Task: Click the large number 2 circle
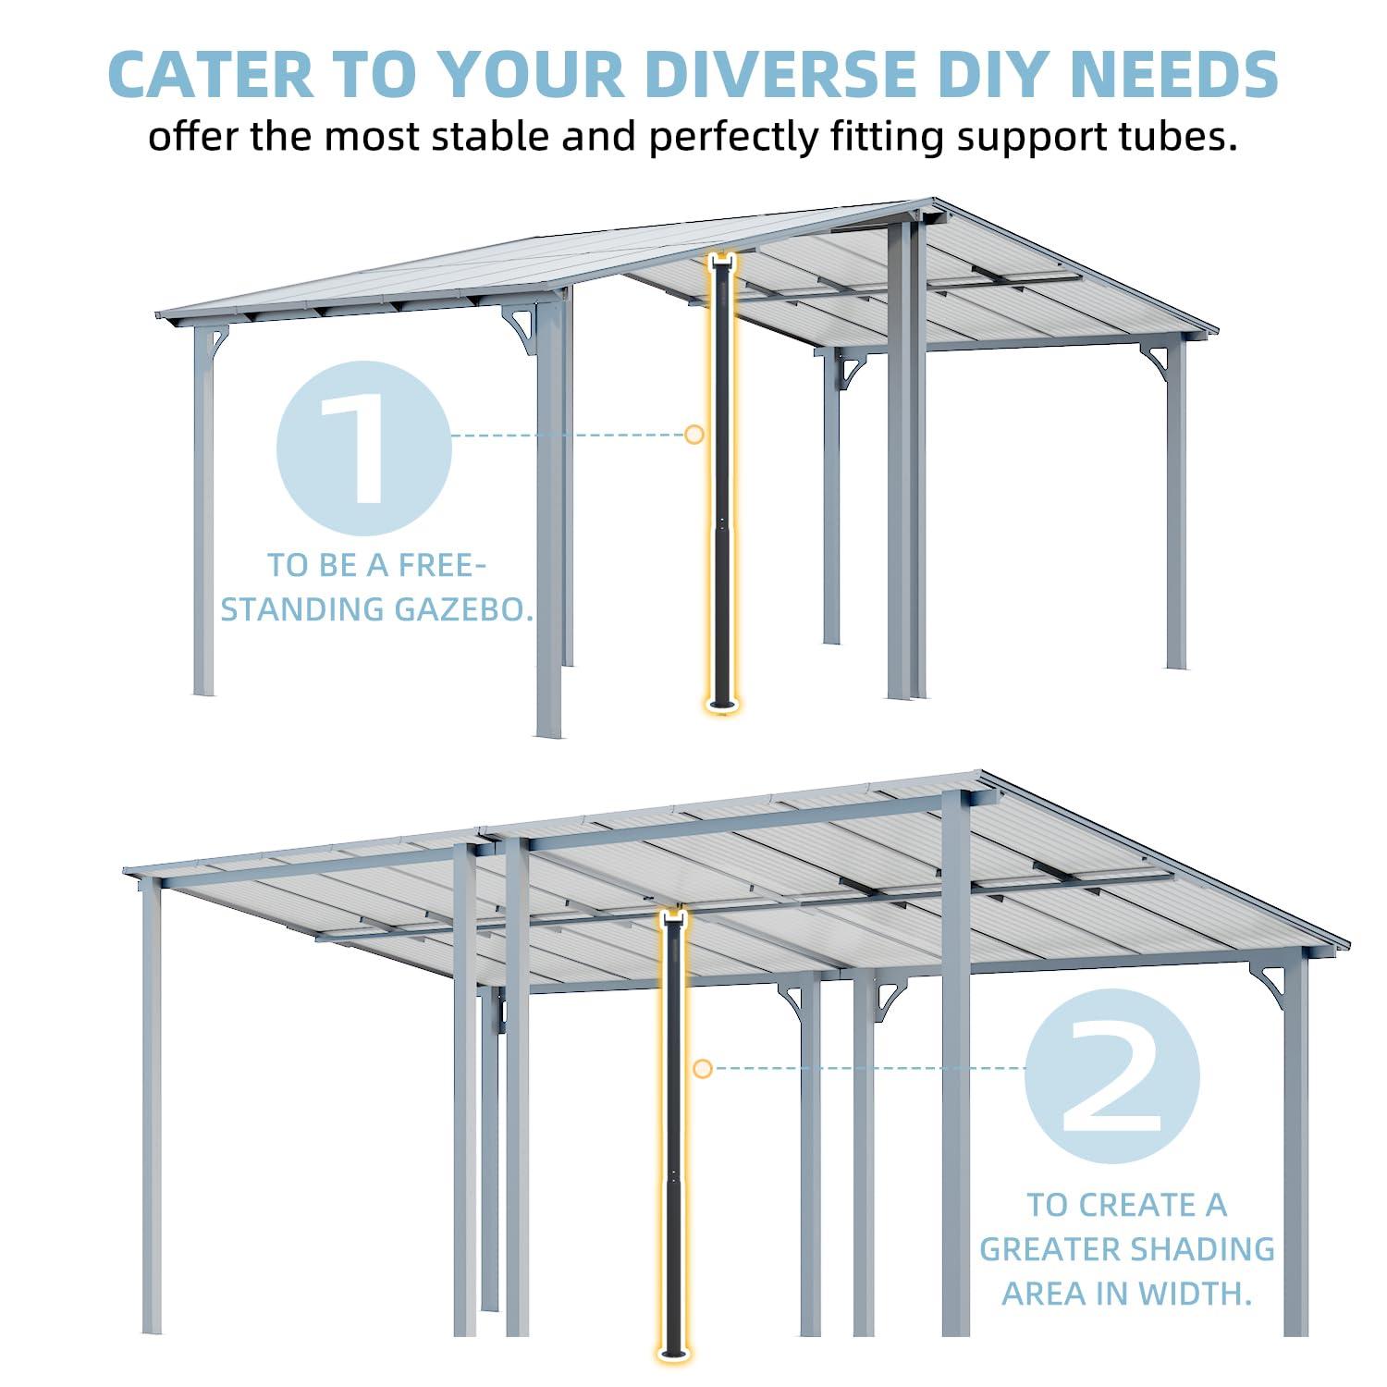point(1112,1075)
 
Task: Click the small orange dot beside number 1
point(693,434)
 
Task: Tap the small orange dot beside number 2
point(702,1069)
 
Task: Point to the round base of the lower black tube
point(673,1355)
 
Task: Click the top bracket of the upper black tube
point(721,261)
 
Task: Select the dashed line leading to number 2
point(869,1069)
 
